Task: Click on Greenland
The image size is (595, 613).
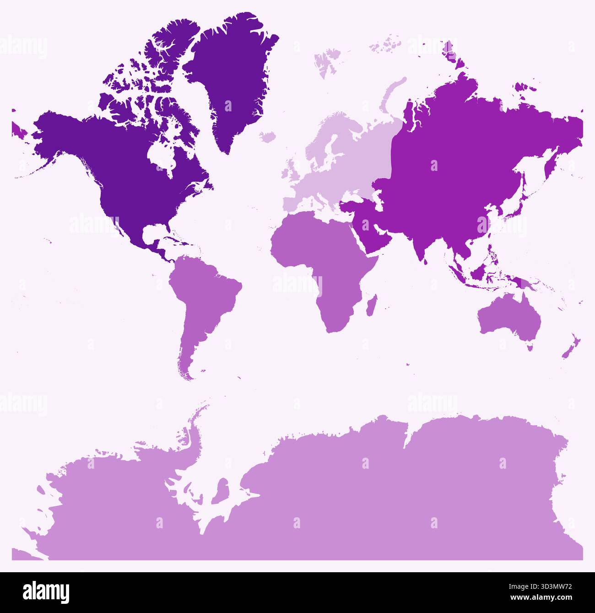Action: tap(233, 78)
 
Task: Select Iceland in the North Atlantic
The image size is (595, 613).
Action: tap(268, 137)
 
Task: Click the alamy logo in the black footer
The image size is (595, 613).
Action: tap(46, 592)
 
